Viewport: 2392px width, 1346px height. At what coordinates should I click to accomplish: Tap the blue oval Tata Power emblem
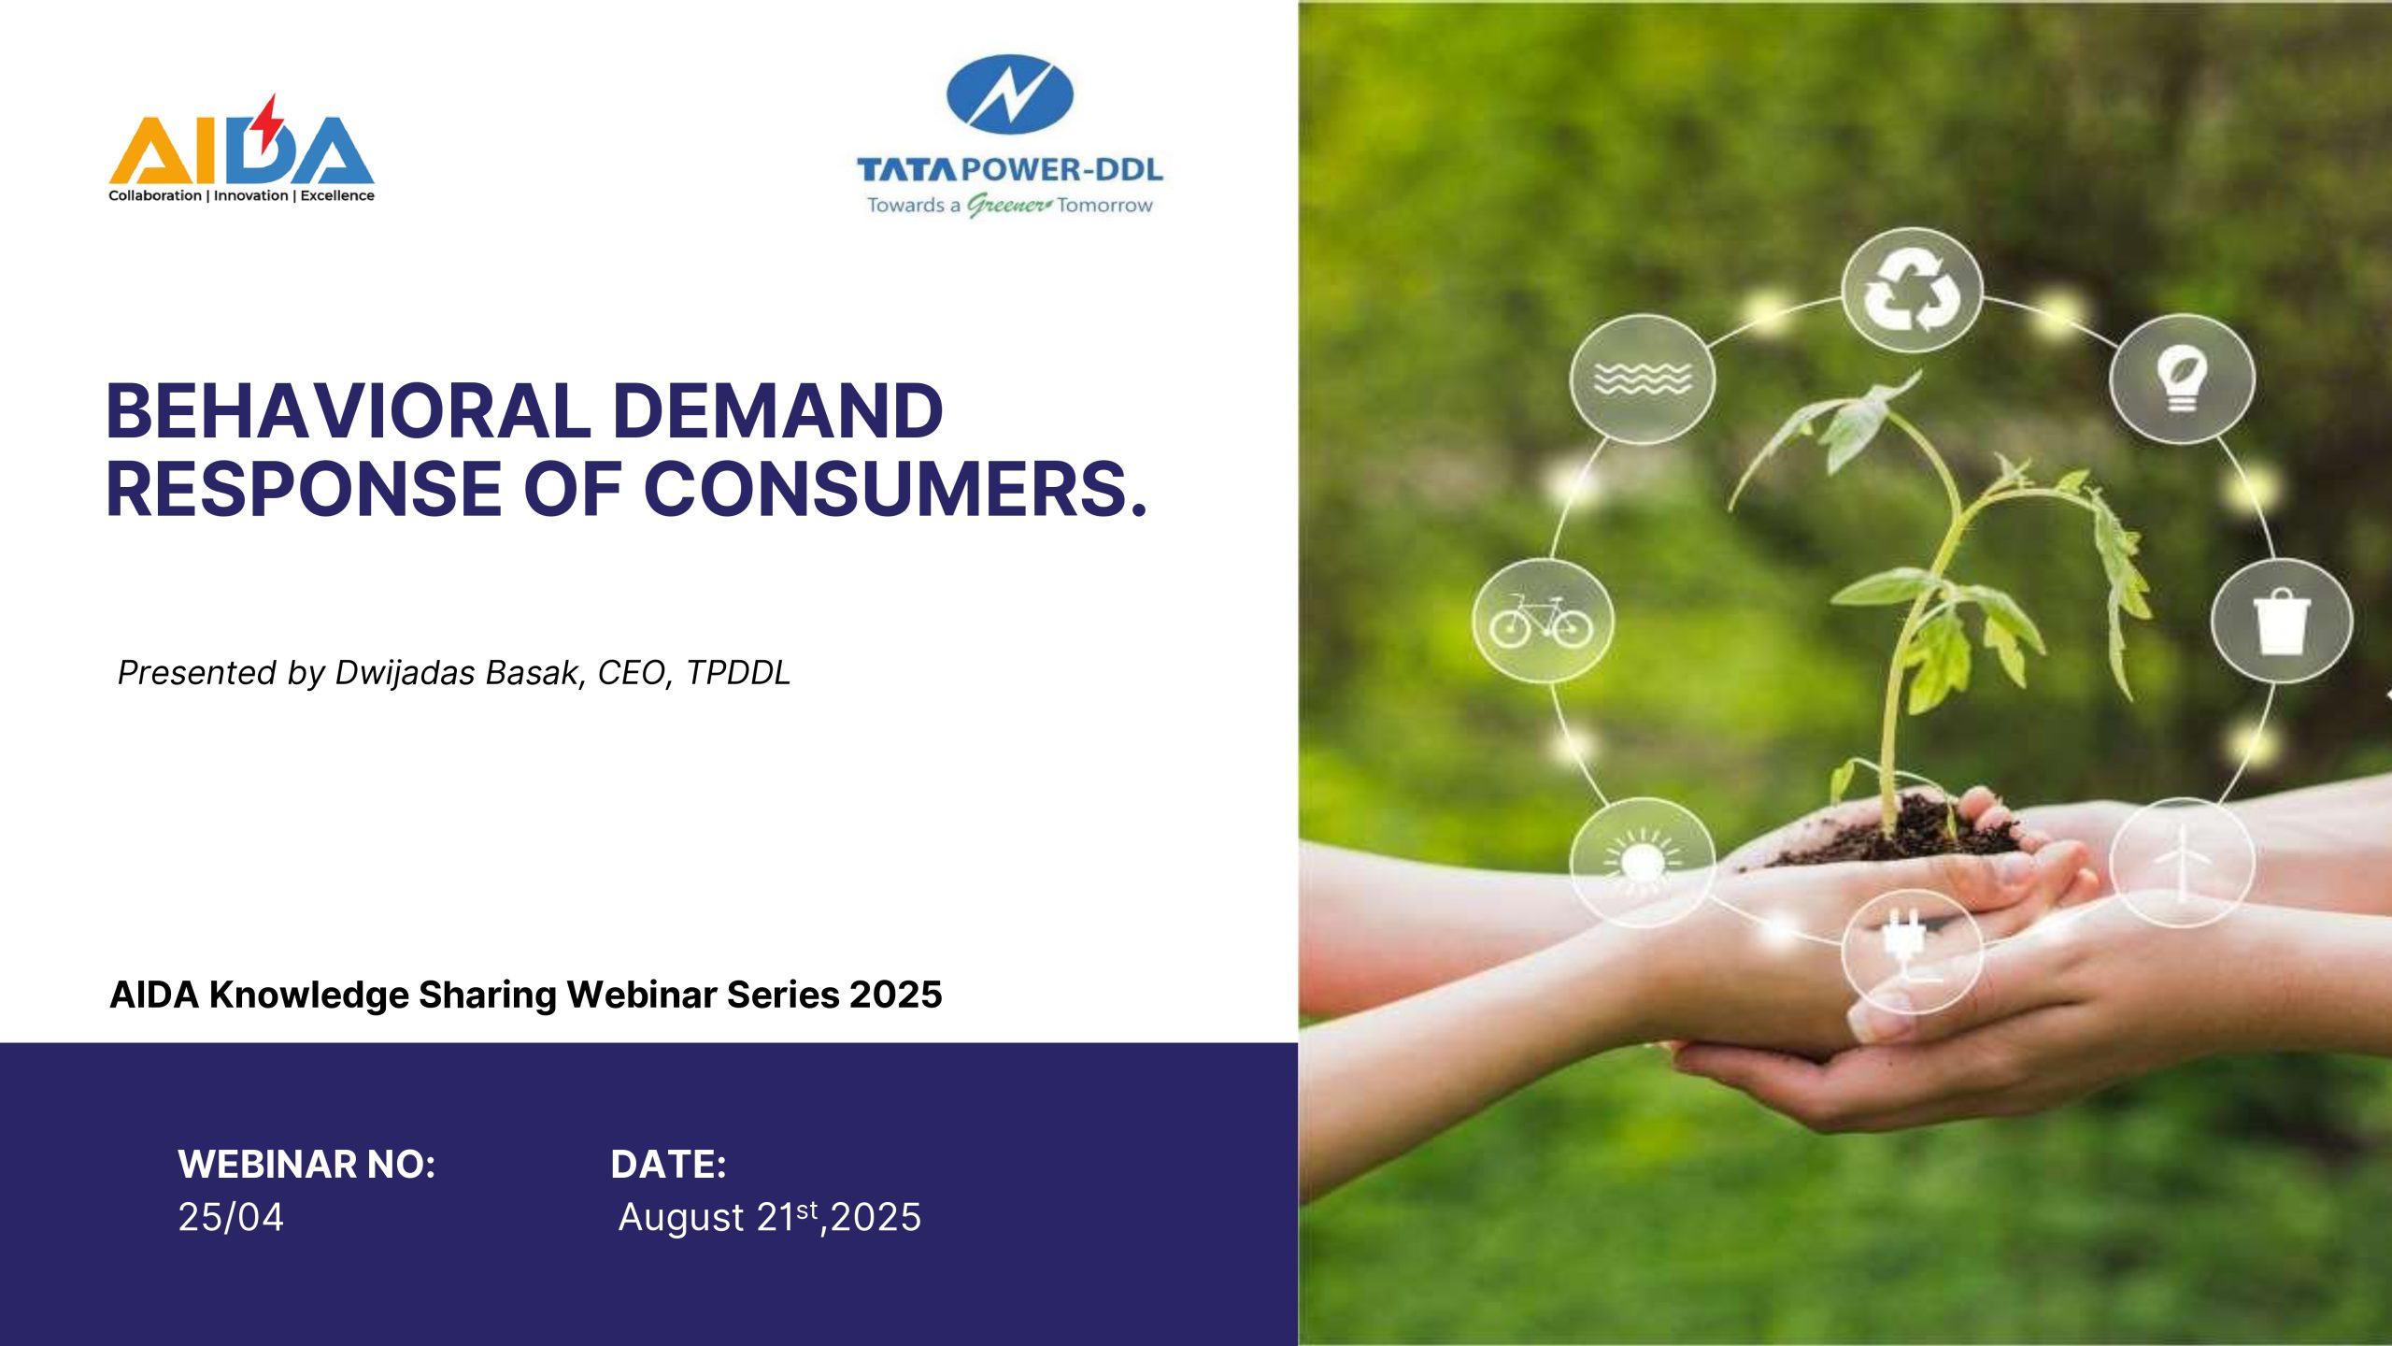point(1010,93)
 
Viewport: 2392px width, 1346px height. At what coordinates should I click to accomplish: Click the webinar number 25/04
point(231,1217)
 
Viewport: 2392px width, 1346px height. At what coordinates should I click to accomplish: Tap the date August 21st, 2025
point(770,1217)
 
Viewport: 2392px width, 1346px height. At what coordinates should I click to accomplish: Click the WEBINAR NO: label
point(306,1165)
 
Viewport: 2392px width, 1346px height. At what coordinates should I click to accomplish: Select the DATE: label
point(668,1165)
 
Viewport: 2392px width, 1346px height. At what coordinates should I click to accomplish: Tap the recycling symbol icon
point(1912,292)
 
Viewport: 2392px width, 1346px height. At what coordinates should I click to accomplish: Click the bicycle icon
point(1542,620)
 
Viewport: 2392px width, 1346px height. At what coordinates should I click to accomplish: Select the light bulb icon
point(2182,379)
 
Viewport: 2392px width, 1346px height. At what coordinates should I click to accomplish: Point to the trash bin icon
point(2281,622)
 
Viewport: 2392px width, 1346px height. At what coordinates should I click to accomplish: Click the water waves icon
point(1643,379)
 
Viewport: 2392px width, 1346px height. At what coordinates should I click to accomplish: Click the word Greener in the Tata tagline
point(1009,205)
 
